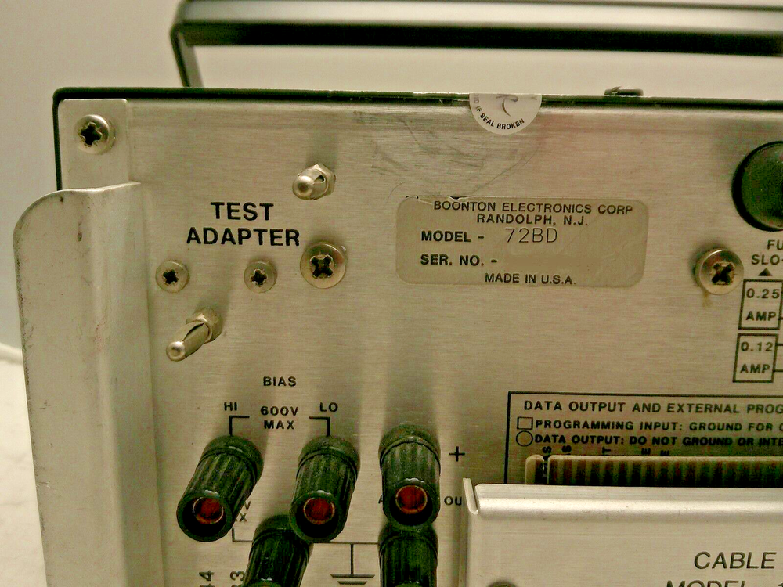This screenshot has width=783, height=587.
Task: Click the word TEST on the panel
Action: click(x=242, y=212)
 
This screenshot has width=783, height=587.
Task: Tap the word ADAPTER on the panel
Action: click(x=243, y=236)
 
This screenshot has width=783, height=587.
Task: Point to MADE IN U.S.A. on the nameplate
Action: click(x=530, y=278)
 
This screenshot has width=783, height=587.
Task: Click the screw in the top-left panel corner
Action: click(x=95, y=134)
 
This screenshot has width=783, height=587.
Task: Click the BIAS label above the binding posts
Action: click(x=279, y=382)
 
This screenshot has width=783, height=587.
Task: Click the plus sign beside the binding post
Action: click(x=456, y=453)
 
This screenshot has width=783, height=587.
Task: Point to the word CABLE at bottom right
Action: click(x=734, y=560)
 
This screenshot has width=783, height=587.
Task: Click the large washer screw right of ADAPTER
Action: click(x=323, y=265)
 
